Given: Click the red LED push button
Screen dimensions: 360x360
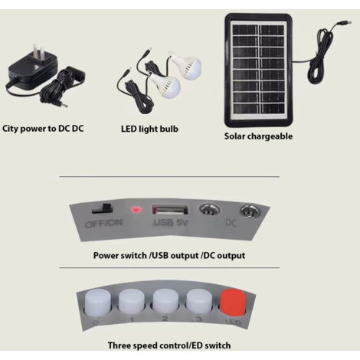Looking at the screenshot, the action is [x=233, y=303].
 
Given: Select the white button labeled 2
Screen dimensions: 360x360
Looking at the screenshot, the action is [x=165, y=301].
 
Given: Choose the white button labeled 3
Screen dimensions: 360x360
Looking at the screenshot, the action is [x=199, y=301].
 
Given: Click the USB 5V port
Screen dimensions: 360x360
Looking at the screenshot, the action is [x=170, y=210].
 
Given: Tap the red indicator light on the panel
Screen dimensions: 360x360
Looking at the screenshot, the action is [x=136, y=210].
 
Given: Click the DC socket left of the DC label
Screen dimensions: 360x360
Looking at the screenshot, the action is [x=210, y=211].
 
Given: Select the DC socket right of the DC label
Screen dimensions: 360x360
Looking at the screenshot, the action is [x=250, y=211].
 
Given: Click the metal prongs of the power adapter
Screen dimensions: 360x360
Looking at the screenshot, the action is [x=38, y=52].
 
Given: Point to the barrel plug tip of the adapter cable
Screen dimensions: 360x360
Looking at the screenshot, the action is [x=64, y=105].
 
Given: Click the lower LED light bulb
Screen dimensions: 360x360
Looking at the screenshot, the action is [x=165, y=86].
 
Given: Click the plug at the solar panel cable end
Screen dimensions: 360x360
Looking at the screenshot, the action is [x=344, y=23].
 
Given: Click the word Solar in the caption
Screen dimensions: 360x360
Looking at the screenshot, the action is [x=234, y=136].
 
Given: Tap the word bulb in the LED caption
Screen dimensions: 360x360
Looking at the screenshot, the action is [x=169, y=129].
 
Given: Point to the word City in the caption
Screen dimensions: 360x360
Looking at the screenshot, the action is [x=10, y=129].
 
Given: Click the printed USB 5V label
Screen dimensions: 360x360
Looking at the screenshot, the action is [x=171, y=223].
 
